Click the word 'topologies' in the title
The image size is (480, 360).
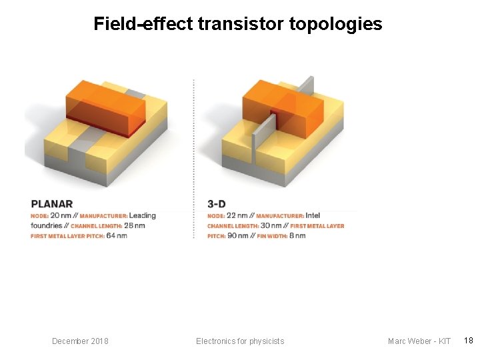pos(335,25)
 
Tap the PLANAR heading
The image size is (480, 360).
pos(52,203)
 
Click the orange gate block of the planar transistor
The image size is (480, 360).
pos(105,108)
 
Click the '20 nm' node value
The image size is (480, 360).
pos(60,215)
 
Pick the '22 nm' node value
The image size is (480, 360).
pos(237,215)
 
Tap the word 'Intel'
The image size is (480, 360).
pos(313,215)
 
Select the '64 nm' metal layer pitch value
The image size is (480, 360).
pos(117,235)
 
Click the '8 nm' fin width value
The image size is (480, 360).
pos(295,235)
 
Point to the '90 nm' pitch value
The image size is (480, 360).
pos(238,235)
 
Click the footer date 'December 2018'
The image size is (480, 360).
pos(80,341)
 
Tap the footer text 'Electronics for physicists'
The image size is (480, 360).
pos(240,341)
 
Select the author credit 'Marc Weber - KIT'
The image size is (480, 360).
pos(419,341)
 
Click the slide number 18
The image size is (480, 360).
pos(469,341)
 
